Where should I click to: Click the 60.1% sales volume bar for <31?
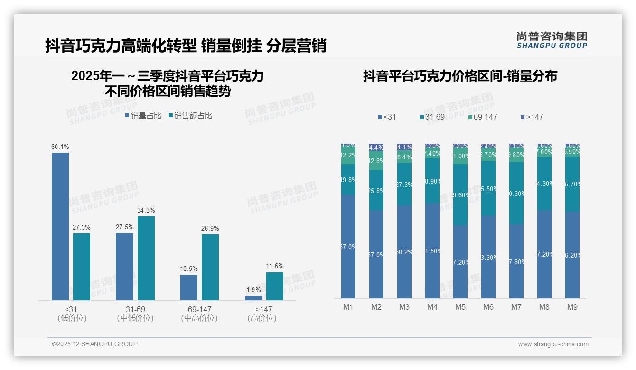click(x=60, y=226)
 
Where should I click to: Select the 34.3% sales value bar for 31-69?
click(x=146, y=258)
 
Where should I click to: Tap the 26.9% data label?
click(x=210, y=228)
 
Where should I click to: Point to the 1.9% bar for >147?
click(x=253, y=298)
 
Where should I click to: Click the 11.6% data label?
click(x=275, y=266)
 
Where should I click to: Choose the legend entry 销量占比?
click(x=143, y=116)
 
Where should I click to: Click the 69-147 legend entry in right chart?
click(x=482, y=117)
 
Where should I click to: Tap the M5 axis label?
click(x=460, y=307)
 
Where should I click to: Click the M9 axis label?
click(x=572, y=307)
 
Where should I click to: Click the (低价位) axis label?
click(x=72, y=318)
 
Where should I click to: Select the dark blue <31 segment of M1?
click(x=348, y=246)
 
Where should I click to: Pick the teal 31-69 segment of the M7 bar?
click(x=516, y=193)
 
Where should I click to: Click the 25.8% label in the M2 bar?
click(x=376, y=191)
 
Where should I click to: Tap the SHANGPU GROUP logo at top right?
click(x=552, y=40)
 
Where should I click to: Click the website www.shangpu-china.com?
click(x=553, y=344)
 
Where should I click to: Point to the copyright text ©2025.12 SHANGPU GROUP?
click(x=95, y=344)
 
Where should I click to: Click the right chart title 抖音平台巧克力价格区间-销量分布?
click(x=460, y=76)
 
